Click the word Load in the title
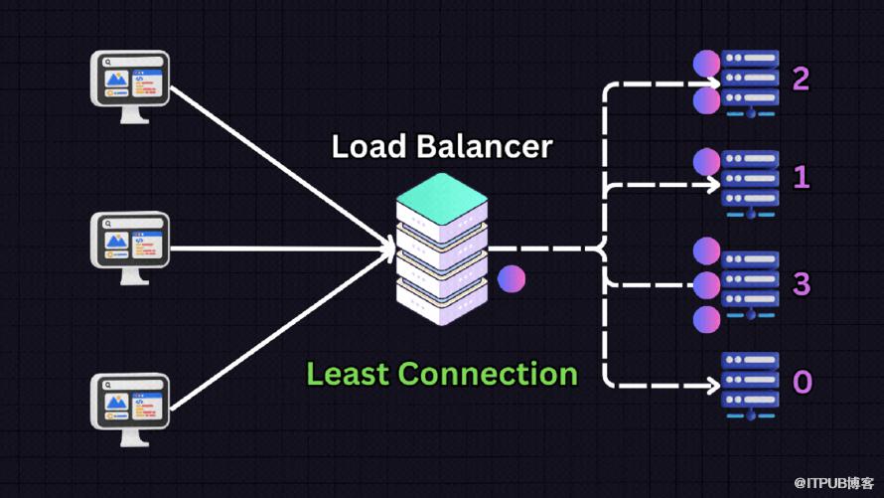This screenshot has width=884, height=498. pos(368,146)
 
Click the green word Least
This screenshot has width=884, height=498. pos(348,374)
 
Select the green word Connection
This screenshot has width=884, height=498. pos(488,374)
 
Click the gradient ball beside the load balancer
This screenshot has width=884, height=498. pos(511,279)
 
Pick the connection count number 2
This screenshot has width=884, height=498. pos(801,79)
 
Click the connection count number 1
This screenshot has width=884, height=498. pos(801,178)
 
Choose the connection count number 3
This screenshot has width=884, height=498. pos(801,283)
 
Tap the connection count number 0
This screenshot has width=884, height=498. pos(802,383)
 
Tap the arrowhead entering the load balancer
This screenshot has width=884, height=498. pos(387,249)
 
